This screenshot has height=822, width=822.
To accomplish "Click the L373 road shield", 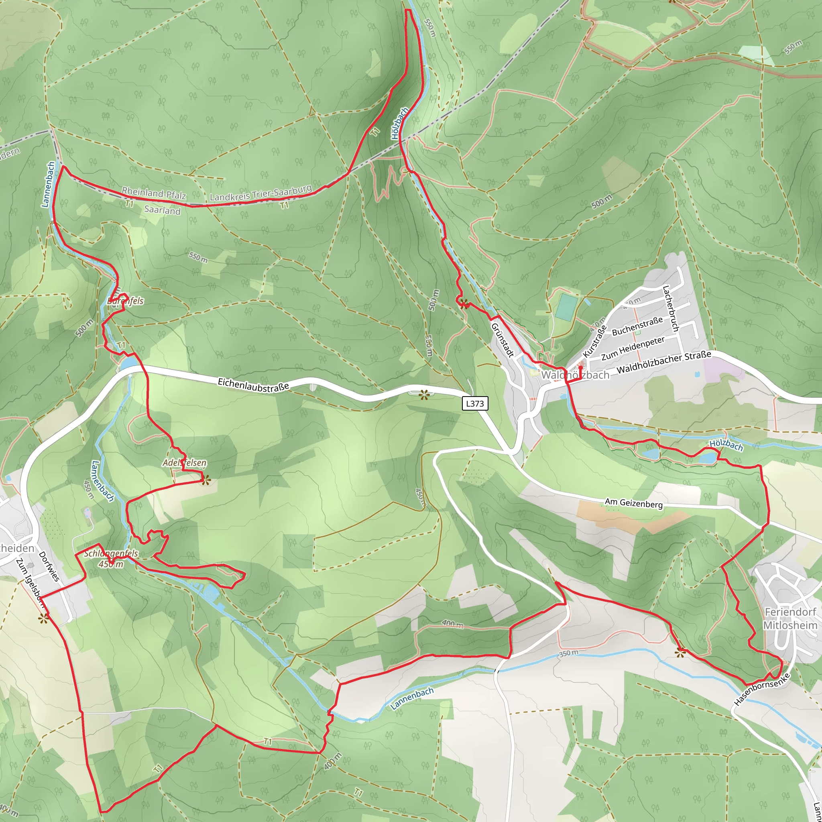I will (x=475, y=403).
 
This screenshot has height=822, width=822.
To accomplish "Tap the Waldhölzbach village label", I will (x=575, y=375).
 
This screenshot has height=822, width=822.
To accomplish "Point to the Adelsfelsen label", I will (x=184, y=463).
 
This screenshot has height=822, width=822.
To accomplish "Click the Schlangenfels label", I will (x=111, y=553).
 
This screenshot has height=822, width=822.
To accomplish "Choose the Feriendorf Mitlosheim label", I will (x=790, y=619).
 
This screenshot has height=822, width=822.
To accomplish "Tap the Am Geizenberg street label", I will (x=633, y=503).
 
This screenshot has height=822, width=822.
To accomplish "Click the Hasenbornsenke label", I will (x=761, y=690).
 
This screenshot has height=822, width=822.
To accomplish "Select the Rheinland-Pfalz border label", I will (x=154, y=193).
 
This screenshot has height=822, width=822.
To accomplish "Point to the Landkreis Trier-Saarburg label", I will (x=260, y=193).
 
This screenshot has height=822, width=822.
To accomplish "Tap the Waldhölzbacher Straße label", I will (x=664, y=362).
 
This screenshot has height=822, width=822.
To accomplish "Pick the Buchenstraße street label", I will (x=637, y=326).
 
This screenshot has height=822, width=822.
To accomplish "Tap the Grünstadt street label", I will (x=503, y=340).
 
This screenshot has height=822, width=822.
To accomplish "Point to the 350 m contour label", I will (x=568, y=653).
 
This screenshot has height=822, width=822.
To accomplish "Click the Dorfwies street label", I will (x=49, y=566).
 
